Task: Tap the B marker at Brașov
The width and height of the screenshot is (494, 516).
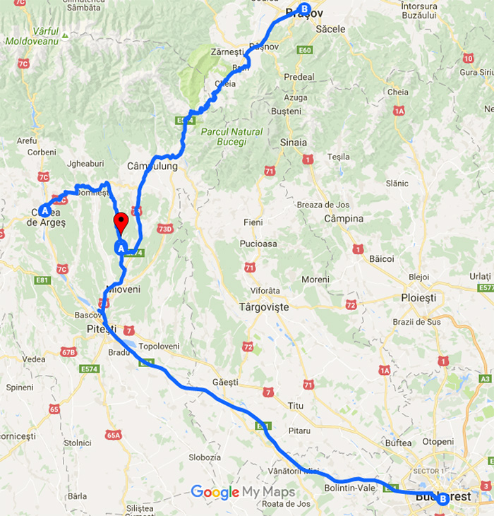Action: (x=304, y=9)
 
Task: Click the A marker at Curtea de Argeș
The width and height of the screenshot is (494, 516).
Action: (x=44, y=210)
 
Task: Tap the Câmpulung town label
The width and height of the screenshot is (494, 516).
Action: (x=152, y=167)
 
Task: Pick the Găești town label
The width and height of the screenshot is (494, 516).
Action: (x=225, y=382)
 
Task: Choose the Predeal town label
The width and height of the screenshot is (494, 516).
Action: (x=298, y=77)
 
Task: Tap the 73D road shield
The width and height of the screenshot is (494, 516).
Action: (x=165, y=229)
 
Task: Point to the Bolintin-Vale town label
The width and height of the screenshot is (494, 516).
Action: (x=349, y=488)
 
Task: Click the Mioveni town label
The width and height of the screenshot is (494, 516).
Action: (x=123, y=289)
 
